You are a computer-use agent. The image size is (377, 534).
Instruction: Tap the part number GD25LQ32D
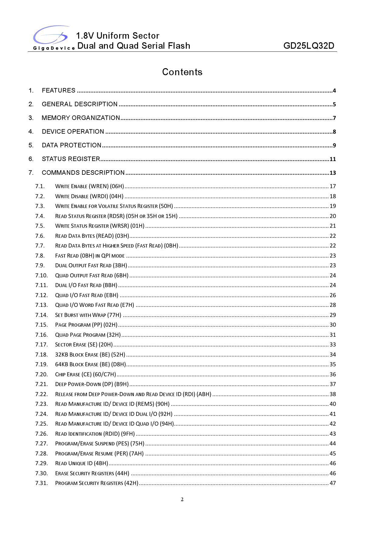click(x=309, y=46)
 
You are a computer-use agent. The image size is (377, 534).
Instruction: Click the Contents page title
click(x=182, y=72)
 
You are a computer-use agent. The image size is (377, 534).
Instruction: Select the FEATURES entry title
click(x=59, y=90)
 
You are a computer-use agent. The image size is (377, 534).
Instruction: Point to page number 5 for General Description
click(x=334, y=104)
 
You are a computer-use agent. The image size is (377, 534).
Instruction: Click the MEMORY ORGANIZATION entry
click(x=81, y=118)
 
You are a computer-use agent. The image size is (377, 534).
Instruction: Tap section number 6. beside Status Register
click(x=31, y=159)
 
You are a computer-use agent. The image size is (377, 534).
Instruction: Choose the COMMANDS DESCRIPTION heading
click(x=83, y=173)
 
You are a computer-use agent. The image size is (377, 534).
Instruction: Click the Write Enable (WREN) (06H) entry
click(x=90, y=186)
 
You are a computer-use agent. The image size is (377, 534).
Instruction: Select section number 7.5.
click(x=40, y=226)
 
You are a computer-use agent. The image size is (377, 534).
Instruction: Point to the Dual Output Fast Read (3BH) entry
click(x=91, y=265)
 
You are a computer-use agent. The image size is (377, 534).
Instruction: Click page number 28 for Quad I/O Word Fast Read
click(x=333, y=305)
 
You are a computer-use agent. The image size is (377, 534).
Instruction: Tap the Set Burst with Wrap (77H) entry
click(x=88, y=315)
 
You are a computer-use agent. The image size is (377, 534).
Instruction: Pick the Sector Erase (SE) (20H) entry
click(x=84, y=345)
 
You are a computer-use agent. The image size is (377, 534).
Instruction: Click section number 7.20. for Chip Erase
click(x=41, y=374)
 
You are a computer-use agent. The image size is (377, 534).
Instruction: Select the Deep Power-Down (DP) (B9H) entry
click(x=92, y=384)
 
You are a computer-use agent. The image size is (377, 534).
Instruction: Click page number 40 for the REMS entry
click(x=333, y=404)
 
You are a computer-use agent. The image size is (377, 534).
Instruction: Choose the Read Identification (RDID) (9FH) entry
click(x=95, y=434)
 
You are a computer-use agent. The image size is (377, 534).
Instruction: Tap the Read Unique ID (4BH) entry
click(x=81, y=463)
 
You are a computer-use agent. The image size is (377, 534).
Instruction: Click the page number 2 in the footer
click(x=182, y=499)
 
